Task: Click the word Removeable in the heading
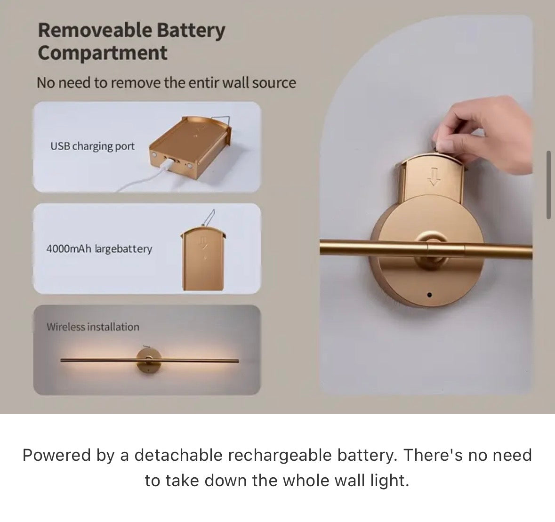(94, 31)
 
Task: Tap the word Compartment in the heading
(102, 53)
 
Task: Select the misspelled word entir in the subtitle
(204, 83)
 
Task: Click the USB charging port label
(92, 146)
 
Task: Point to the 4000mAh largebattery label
(99, 249)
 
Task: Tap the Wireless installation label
(93, 327)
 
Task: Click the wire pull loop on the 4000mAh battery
(209, 218)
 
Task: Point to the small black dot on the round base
(429, 295)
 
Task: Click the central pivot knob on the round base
(430, 242)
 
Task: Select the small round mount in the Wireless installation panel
(148, 360)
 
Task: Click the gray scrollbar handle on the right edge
(548, 185)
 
